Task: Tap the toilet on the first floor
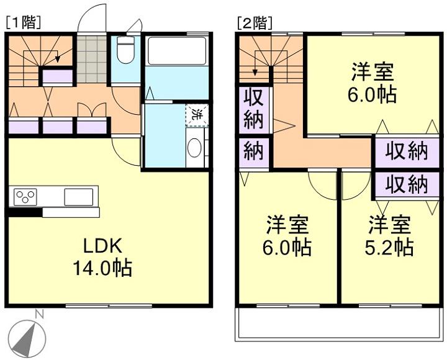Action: coord(126,50)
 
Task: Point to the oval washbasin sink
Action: coord(194,149)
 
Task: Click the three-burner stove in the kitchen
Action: coord(25,197)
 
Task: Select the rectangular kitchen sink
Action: coord(78,197)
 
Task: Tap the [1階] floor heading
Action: coord(23,23)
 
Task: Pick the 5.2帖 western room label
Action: coord(389,236)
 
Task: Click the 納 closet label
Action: coord(253,152)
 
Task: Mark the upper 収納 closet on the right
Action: coord(407,151)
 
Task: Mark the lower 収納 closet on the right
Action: coord(407,184)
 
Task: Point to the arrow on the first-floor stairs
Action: coord(57,59)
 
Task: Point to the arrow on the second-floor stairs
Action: coord(255,70)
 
